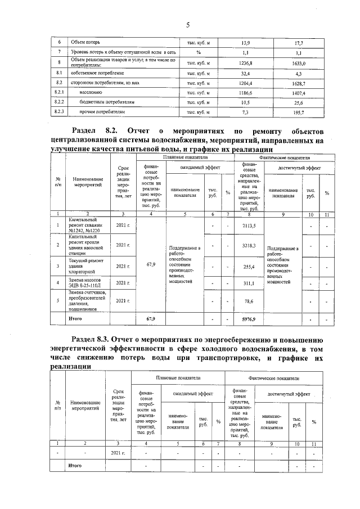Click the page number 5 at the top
coord(188,25)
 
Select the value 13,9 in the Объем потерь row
coord(245,43)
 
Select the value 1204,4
coord(245,83)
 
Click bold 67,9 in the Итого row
coord(150,319)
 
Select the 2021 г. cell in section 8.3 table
coord(118,452)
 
